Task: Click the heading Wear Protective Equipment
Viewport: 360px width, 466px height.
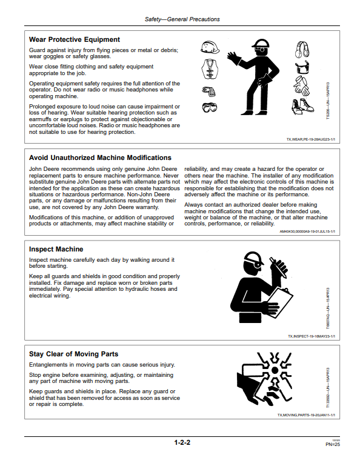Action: tap(75, 39)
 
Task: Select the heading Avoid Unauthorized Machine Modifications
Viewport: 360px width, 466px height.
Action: tap(100, 158)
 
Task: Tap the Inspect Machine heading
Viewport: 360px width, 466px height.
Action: tap(56, 249)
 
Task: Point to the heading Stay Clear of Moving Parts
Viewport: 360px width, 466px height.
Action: tap(73, 354)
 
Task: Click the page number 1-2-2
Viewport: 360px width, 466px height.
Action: tap(182, 442)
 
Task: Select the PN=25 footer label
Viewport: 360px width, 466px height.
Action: tap(333, 445)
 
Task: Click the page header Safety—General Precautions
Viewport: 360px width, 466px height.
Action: tap(182, 19)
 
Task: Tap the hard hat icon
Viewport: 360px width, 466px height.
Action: tap(210, 47)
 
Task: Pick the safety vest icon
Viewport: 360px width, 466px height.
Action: tap(210, 69)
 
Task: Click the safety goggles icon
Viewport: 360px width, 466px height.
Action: tap(210, 107)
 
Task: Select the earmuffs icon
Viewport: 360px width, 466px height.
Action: tap(302, 49)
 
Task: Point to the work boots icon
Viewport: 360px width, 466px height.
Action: tap(302, 107)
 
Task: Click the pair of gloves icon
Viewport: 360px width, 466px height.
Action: tap(302, 85)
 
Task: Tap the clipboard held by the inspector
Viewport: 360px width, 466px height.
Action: tap(278, 302)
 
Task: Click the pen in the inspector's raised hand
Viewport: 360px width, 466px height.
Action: tap(278, 267)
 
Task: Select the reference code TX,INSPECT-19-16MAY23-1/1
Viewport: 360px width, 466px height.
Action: tap(312, 336)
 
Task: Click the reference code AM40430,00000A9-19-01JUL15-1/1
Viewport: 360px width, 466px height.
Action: tap(307, 231)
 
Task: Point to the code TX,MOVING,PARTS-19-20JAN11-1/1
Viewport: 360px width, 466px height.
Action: tap(306, 415)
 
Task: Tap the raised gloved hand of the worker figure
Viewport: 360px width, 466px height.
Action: tap(234, 58)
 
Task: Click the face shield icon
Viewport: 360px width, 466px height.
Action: tap(302, 67)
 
